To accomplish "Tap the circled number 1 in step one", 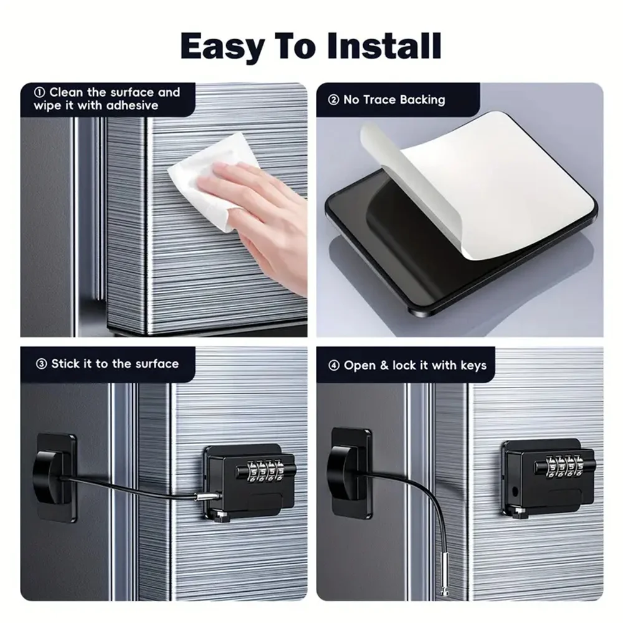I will pos(40,92).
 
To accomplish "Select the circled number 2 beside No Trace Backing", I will pos(333,100).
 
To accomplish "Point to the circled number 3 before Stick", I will pos(41,364).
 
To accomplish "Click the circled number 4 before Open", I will pos(334,366).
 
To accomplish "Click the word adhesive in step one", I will pos(132,105).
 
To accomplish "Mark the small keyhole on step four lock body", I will pos(515,492).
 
